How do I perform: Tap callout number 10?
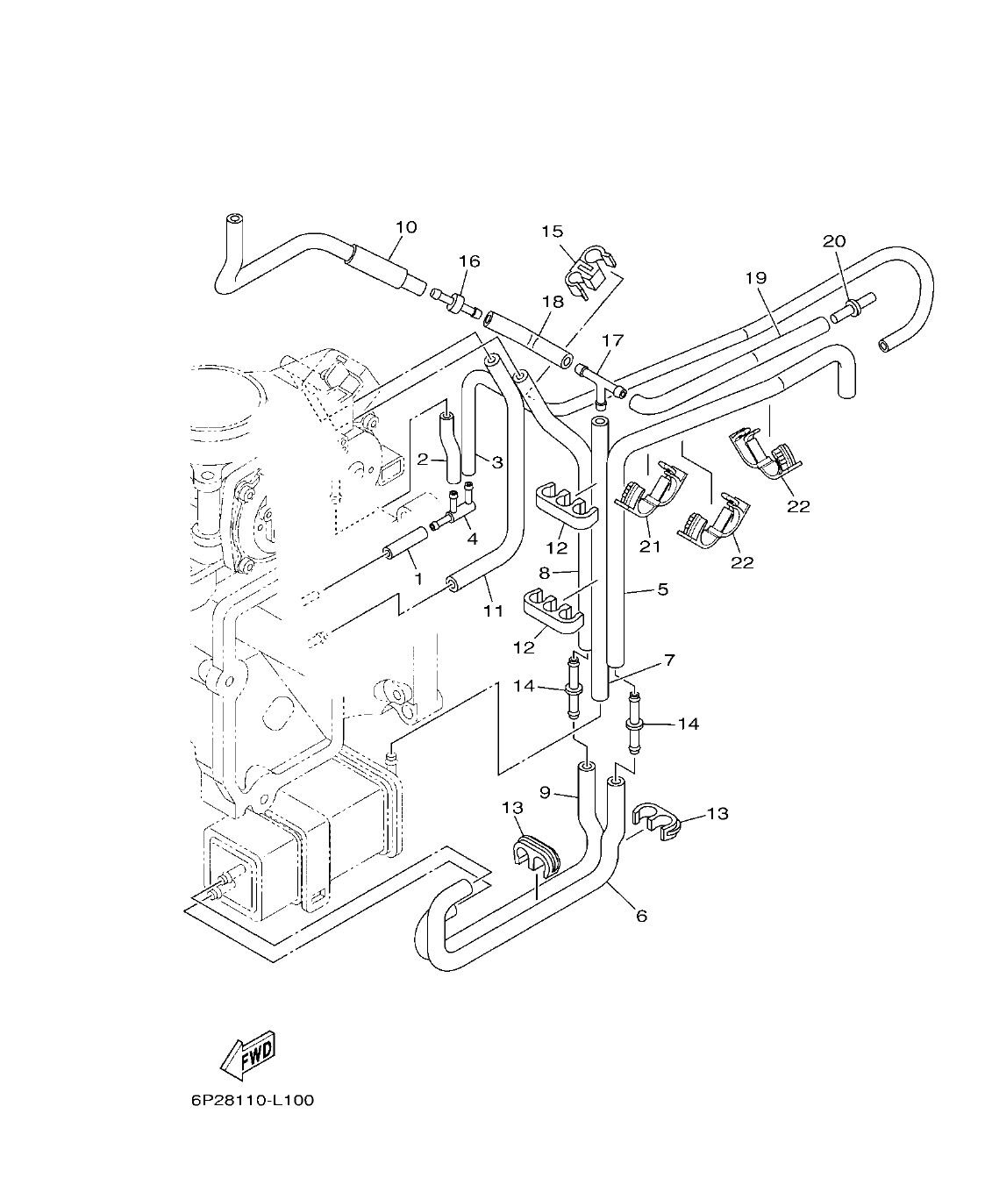point(405,227)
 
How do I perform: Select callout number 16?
point(469,261)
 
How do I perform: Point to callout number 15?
point(552,232)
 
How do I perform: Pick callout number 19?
point(756,278)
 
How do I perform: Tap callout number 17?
point(611,339)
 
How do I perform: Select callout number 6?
point(641,916)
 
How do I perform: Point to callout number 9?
point(545,792)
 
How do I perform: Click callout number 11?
point(494,610)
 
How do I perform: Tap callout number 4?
point(472,539)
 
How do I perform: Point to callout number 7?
point(668,658)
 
